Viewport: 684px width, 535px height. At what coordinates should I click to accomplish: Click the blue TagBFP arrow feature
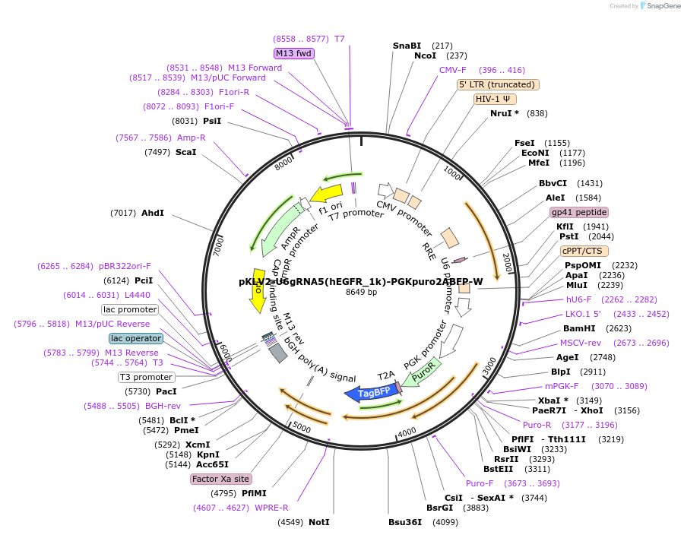(x=369, y=392)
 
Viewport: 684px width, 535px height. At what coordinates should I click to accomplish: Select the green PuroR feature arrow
(x=421, y=372)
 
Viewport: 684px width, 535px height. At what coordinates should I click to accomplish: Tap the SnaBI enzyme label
(x=407, y=46)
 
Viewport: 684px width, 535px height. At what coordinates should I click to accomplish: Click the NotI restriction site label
(x=319, y=522)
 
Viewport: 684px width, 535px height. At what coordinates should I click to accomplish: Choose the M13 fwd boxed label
(x=294, y=53)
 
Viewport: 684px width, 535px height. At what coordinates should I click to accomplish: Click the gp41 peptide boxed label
(x=579, y=212)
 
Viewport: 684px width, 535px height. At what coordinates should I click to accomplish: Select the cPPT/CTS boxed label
(x=581, y=251)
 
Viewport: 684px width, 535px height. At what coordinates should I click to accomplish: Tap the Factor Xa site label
(x=220, y=479)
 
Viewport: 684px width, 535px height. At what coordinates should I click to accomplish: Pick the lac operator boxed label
(x=136, y=338)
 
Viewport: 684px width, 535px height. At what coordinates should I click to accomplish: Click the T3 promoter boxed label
(x=147, y=377)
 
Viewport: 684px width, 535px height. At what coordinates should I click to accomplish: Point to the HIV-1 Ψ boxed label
(x=495, y=99)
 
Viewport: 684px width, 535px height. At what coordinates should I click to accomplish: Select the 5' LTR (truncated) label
(x=498, y=84)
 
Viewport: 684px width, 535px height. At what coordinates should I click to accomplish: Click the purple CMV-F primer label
(x=452, y=70)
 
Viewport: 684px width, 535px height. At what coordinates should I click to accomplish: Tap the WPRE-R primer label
(x=271, y=508)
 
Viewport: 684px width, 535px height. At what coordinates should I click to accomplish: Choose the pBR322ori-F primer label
(x=125, y=266)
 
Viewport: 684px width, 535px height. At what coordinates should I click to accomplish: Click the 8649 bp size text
(x=361, y=292)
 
